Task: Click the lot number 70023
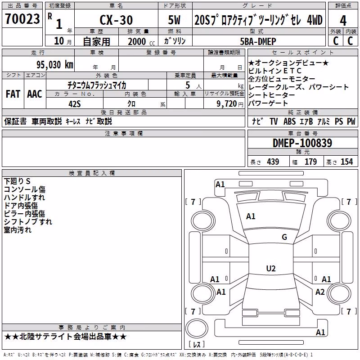coord(22,18)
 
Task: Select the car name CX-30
coord(116,20)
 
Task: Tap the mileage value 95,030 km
coord(54,65)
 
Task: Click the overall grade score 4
coord(343,21)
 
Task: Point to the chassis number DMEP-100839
coord(302,143)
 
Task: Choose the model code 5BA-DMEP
coord(258,41)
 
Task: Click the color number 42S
coord(75,104)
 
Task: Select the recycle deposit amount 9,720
coord(227,104)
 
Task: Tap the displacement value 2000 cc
coord(141,41)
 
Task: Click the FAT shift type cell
coord(13,94)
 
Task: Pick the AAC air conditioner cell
coord(35,94)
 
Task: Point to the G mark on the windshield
coord(284,237)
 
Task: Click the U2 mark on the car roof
coord(271,268)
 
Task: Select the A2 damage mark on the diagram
coord(320,292)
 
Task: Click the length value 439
coord(273,162)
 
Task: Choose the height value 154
coord(346,162)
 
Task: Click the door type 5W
coord(174,20)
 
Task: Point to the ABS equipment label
coord(289,121)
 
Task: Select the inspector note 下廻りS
coord(17,181)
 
